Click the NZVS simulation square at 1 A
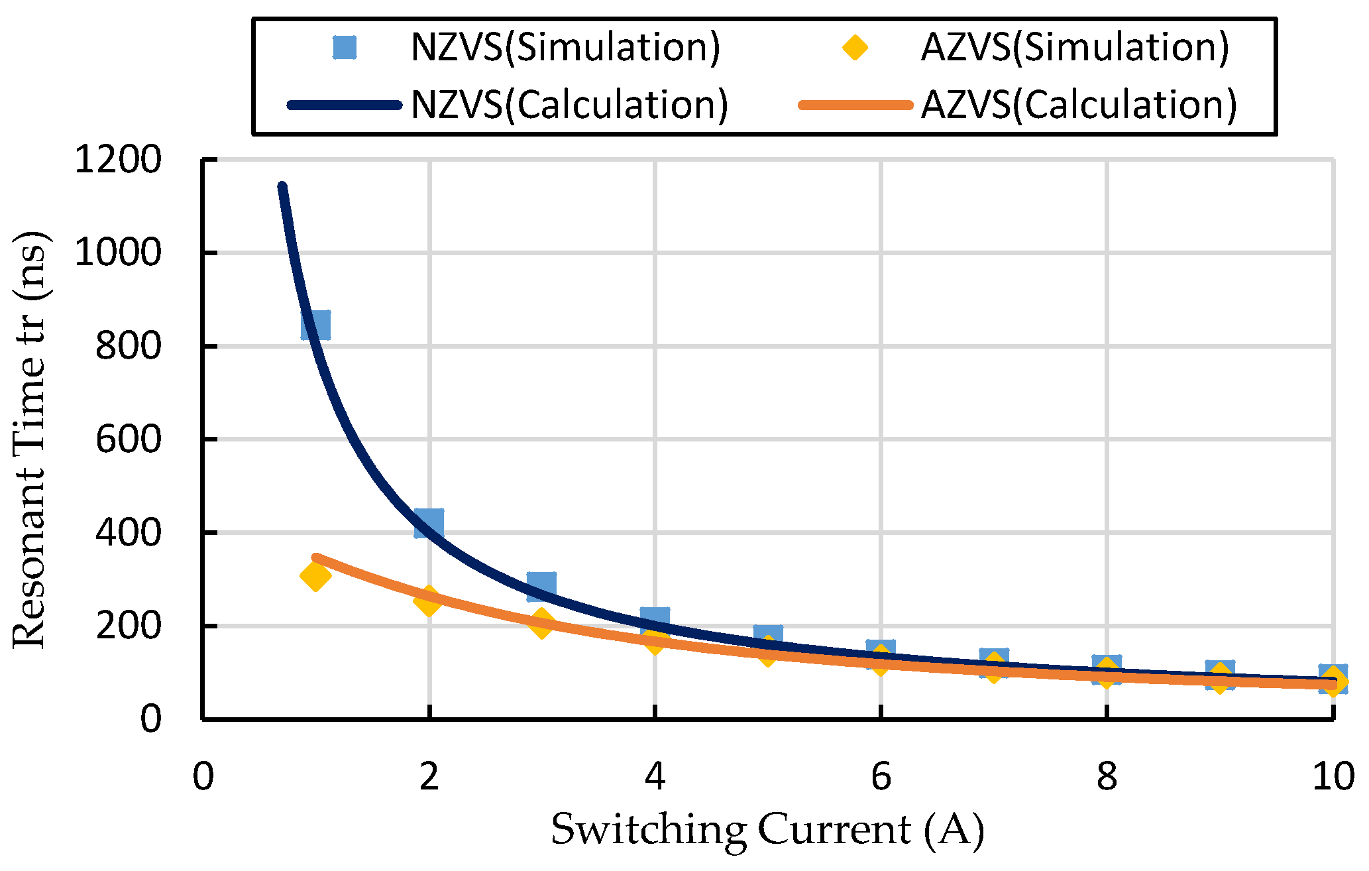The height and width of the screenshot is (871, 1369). [315, 325]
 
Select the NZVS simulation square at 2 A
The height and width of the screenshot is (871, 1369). [429, 523]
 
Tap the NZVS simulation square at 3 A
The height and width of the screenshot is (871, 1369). [541, 587]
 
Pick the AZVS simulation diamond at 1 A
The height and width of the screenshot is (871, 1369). [315, 575]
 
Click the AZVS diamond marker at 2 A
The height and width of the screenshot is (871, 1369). [429, 601]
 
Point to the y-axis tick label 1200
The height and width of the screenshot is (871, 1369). [118, 160]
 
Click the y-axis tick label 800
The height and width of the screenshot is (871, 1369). [128, 346]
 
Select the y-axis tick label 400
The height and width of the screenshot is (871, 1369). [128, 532]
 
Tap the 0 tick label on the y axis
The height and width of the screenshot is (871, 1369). [150, 719]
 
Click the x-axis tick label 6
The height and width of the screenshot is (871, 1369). [881, 776]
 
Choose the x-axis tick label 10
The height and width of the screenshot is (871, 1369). [1333, 776]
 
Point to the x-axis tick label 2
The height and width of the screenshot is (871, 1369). [429, 776]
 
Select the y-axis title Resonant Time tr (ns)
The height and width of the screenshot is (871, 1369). [30, 439]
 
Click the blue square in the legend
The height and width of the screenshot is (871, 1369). [345, 48]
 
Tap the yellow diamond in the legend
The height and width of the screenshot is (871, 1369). [855, 48]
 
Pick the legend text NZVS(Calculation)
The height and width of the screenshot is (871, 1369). [569, 105]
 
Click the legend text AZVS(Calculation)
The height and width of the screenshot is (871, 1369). [1079, 105]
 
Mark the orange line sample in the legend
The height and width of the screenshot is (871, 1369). [855, 105]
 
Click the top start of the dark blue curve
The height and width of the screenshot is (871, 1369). [282, 188]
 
